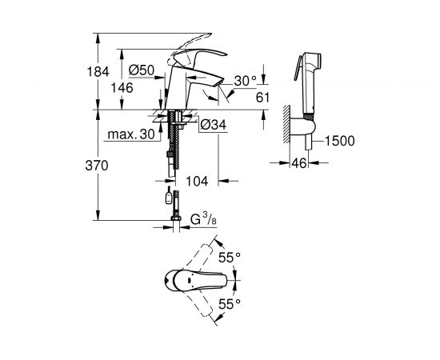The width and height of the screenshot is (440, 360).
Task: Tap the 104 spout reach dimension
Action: [x=197, y=182]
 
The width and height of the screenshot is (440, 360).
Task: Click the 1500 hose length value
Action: [x=340, y=142]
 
